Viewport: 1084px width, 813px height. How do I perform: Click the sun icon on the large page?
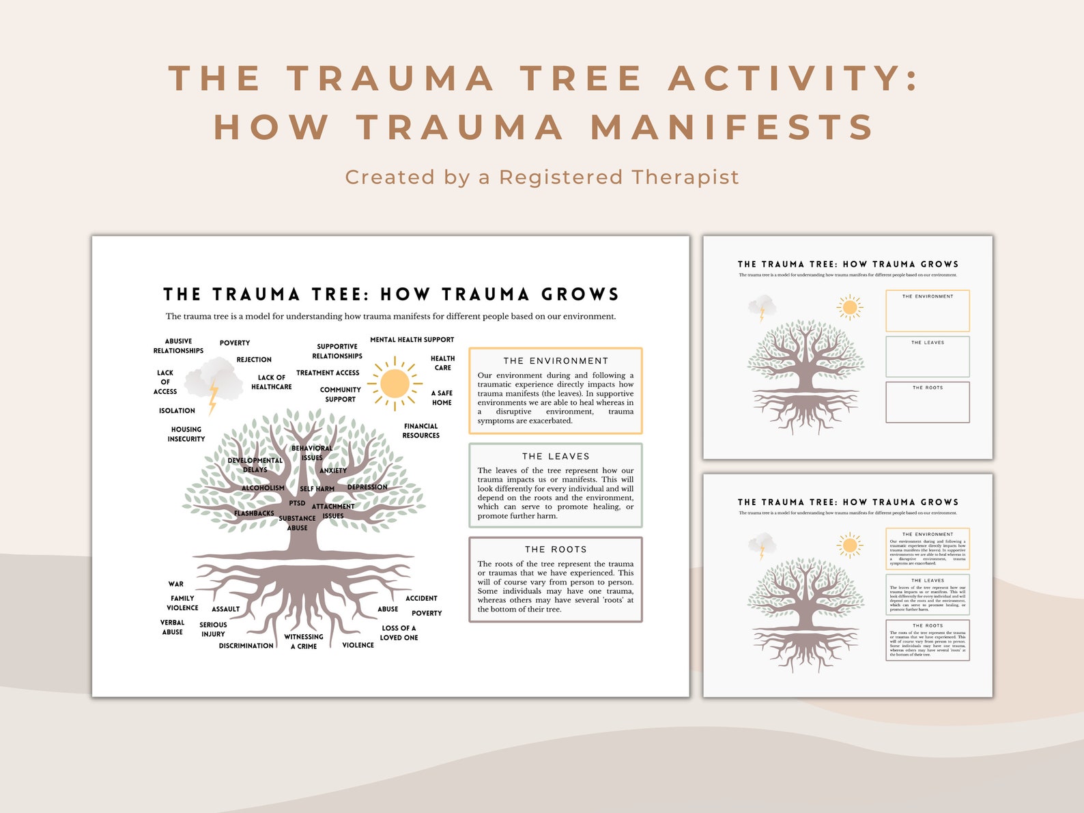pyautogui.click(x=395, y=384)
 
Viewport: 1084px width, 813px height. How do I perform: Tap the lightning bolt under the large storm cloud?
pyautogui.click(x=213, y=397)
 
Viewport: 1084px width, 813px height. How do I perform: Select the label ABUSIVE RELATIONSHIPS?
pyautogui.click(x=178, y=346)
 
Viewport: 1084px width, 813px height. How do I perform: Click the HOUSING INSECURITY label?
pyautogui.click(x=186, y=434)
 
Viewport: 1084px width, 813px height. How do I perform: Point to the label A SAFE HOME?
pyautogui.click(x=442, y=398)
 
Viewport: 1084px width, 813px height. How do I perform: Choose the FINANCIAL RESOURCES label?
pyautogui.click(x=421, y=431)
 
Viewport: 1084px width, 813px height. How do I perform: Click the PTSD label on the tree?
pyautogui.click(x=297, y=503)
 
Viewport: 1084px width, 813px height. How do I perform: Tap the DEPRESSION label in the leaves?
pyautogui.click(x=367, y=487)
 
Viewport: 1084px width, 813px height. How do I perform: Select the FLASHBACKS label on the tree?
pyautogui.click(x=254, y=513)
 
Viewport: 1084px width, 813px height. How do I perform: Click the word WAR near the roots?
pyautogui.click(x=176, y=584)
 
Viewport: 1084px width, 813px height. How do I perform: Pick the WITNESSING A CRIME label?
pyautogui.click(x=304, y=641)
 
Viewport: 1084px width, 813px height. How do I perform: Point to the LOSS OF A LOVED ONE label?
pyautogui.click(x=399, y=633)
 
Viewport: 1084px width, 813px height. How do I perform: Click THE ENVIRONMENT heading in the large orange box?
pyautogui.click(x=556, y=360)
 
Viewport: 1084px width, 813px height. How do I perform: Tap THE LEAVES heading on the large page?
pyautogui.click(x=556, y=456)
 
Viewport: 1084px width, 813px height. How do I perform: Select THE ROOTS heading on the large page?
pyautogui.click(x=556, y=549)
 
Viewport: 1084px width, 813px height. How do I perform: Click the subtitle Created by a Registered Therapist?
pyautogui.click(x=542, y=177)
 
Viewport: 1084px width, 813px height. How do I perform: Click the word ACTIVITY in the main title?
pyautogui.click(x=792, y=78)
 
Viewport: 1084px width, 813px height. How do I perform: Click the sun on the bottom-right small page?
pyautogui.click(x=850, y=545)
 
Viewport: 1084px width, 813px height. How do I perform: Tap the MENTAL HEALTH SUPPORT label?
pyautogui.click(x=412, y=339)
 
